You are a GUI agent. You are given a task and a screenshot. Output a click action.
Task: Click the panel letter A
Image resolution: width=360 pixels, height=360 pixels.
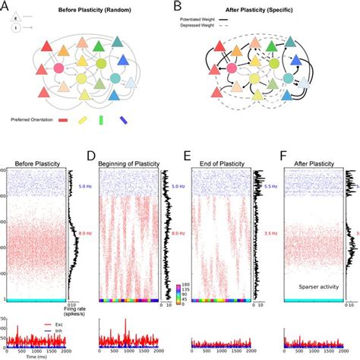tap(7, 7)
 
